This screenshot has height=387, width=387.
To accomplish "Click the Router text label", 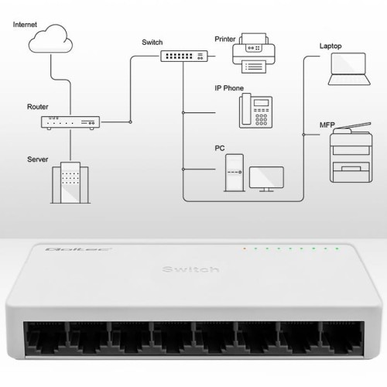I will click(38, 106).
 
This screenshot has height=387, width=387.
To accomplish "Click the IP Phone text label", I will click(228, 88).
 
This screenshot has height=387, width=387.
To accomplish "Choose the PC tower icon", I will click(234, 173).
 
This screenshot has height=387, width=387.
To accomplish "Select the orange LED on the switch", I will click(245, 249).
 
